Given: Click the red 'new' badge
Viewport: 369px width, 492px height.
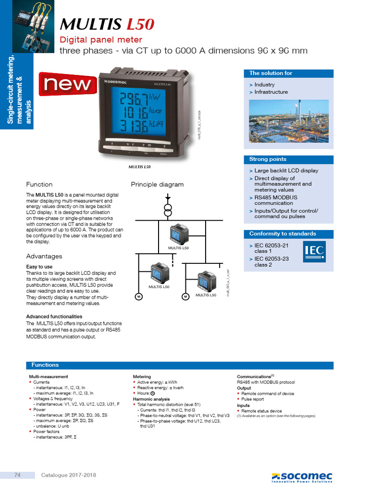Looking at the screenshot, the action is click(x=67, y=85).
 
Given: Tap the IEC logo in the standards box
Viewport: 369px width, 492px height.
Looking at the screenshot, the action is click(x=314, y=252).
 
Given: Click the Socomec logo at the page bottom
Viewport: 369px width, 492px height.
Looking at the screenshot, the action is click(x=301, y=477).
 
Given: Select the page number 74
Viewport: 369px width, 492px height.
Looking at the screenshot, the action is click(x=17, y=475).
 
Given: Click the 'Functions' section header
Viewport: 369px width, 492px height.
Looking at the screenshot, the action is click(x=45, y=365).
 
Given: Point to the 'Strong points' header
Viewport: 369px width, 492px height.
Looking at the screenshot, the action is click(x=268, y=159).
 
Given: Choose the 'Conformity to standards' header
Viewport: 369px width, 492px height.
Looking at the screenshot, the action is click(x=283, y=234).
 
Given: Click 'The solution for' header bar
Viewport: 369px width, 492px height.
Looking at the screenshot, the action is click(x=271, y=74).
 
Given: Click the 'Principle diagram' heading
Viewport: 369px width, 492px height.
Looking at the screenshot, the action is click(x=157, y=184).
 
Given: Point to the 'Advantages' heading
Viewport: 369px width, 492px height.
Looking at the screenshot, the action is click(x=44, y=256).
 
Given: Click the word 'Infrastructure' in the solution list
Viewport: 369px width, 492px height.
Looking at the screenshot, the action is click(x=271, y=92).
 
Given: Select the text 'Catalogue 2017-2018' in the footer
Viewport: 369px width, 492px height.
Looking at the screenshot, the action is click(x=68, y=475).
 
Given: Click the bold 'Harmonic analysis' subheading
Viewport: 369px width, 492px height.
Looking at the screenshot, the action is click(x=151, y=399).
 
